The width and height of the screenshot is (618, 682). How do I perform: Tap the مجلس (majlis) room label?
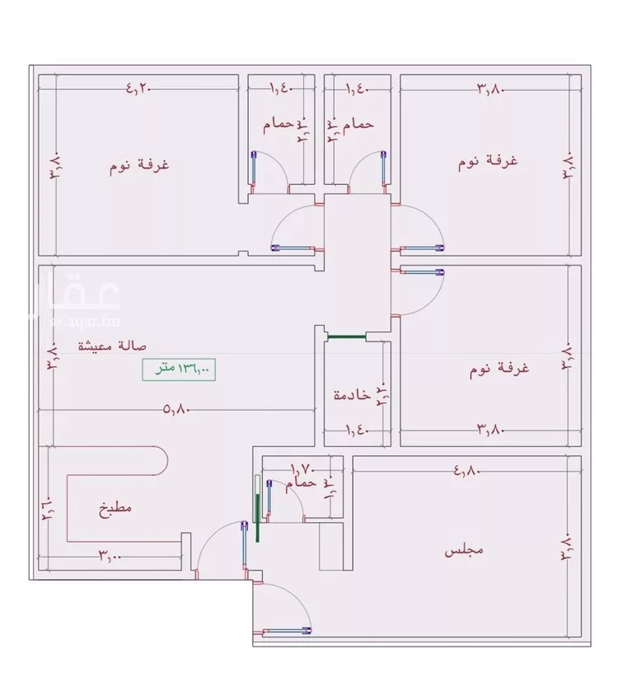(463, 549)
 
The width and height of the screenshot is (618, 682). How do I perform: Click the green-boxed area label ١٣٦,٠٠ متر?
(178, 370)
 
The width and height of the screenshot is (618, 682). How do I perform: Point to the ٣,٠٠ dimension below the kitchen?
(110, 556)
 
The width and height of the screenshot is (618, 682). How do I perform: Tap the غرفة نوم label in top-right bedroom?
(488, 161)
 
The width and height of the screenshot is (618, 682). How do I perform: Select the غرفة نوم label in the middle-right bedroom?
(499, 368)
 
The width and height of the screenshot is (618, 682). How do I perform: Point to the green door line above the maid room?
(345, 336)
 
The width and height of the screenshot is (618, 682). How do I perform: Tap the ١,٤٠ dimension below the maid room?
(354, 430)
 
